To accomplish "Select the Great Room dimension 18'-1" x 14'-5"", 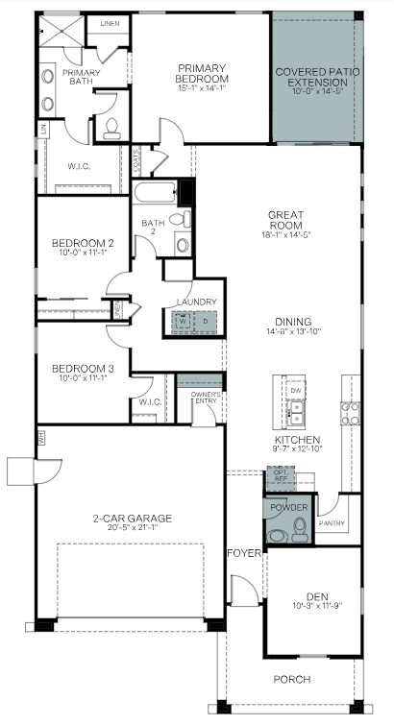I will click(x=285, y=234).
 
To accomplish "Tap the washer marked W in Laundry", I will click(x=180, y=321).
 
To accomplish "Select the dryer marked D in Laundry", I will click(x=203, y=321).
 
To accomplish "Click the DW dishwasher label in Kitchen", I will click(x=297, y=391).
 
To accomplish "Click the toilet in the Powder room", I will click(x=299, y=527).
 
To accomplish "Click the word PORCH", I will click(x=291, y=680).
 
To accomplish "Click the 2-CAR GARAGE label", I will click(x=132, y=519).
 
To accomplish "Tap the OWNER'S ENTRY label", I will click(x=207, y=398).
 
